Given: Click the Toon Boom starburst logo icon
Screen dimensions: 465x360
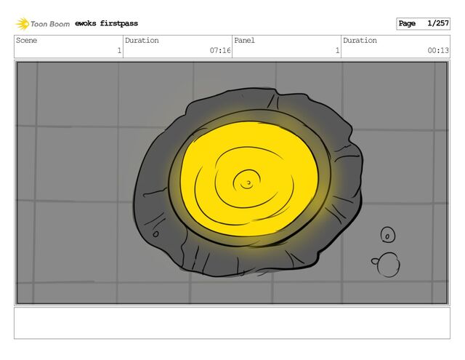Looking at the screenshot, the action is pos(23,24).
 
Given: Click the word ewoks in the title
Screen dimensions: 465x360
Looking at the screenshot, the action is pos(86,23).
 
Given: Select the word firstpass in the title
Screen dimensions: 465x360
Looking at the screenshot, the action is pos(119,23).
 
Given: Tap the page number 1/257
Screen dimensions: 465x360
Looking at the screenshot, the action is pos(437,23).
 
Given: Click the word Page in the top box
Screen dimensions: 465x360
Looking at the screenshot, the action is pos(407,23).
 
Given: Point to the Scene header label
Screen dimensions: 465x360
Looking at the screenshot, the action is pos(26,40).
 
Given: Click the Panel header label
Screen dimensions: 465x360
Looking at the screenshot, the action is pos(244,40).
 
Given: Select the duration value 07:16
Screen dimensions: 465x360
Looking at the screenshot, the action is pos(220,50).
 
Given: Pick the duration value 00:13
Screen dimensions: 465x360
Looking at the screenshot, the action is pos(438,50).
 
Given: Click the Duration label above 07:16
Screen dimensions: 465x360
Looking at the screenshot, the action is pos(142,40).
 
